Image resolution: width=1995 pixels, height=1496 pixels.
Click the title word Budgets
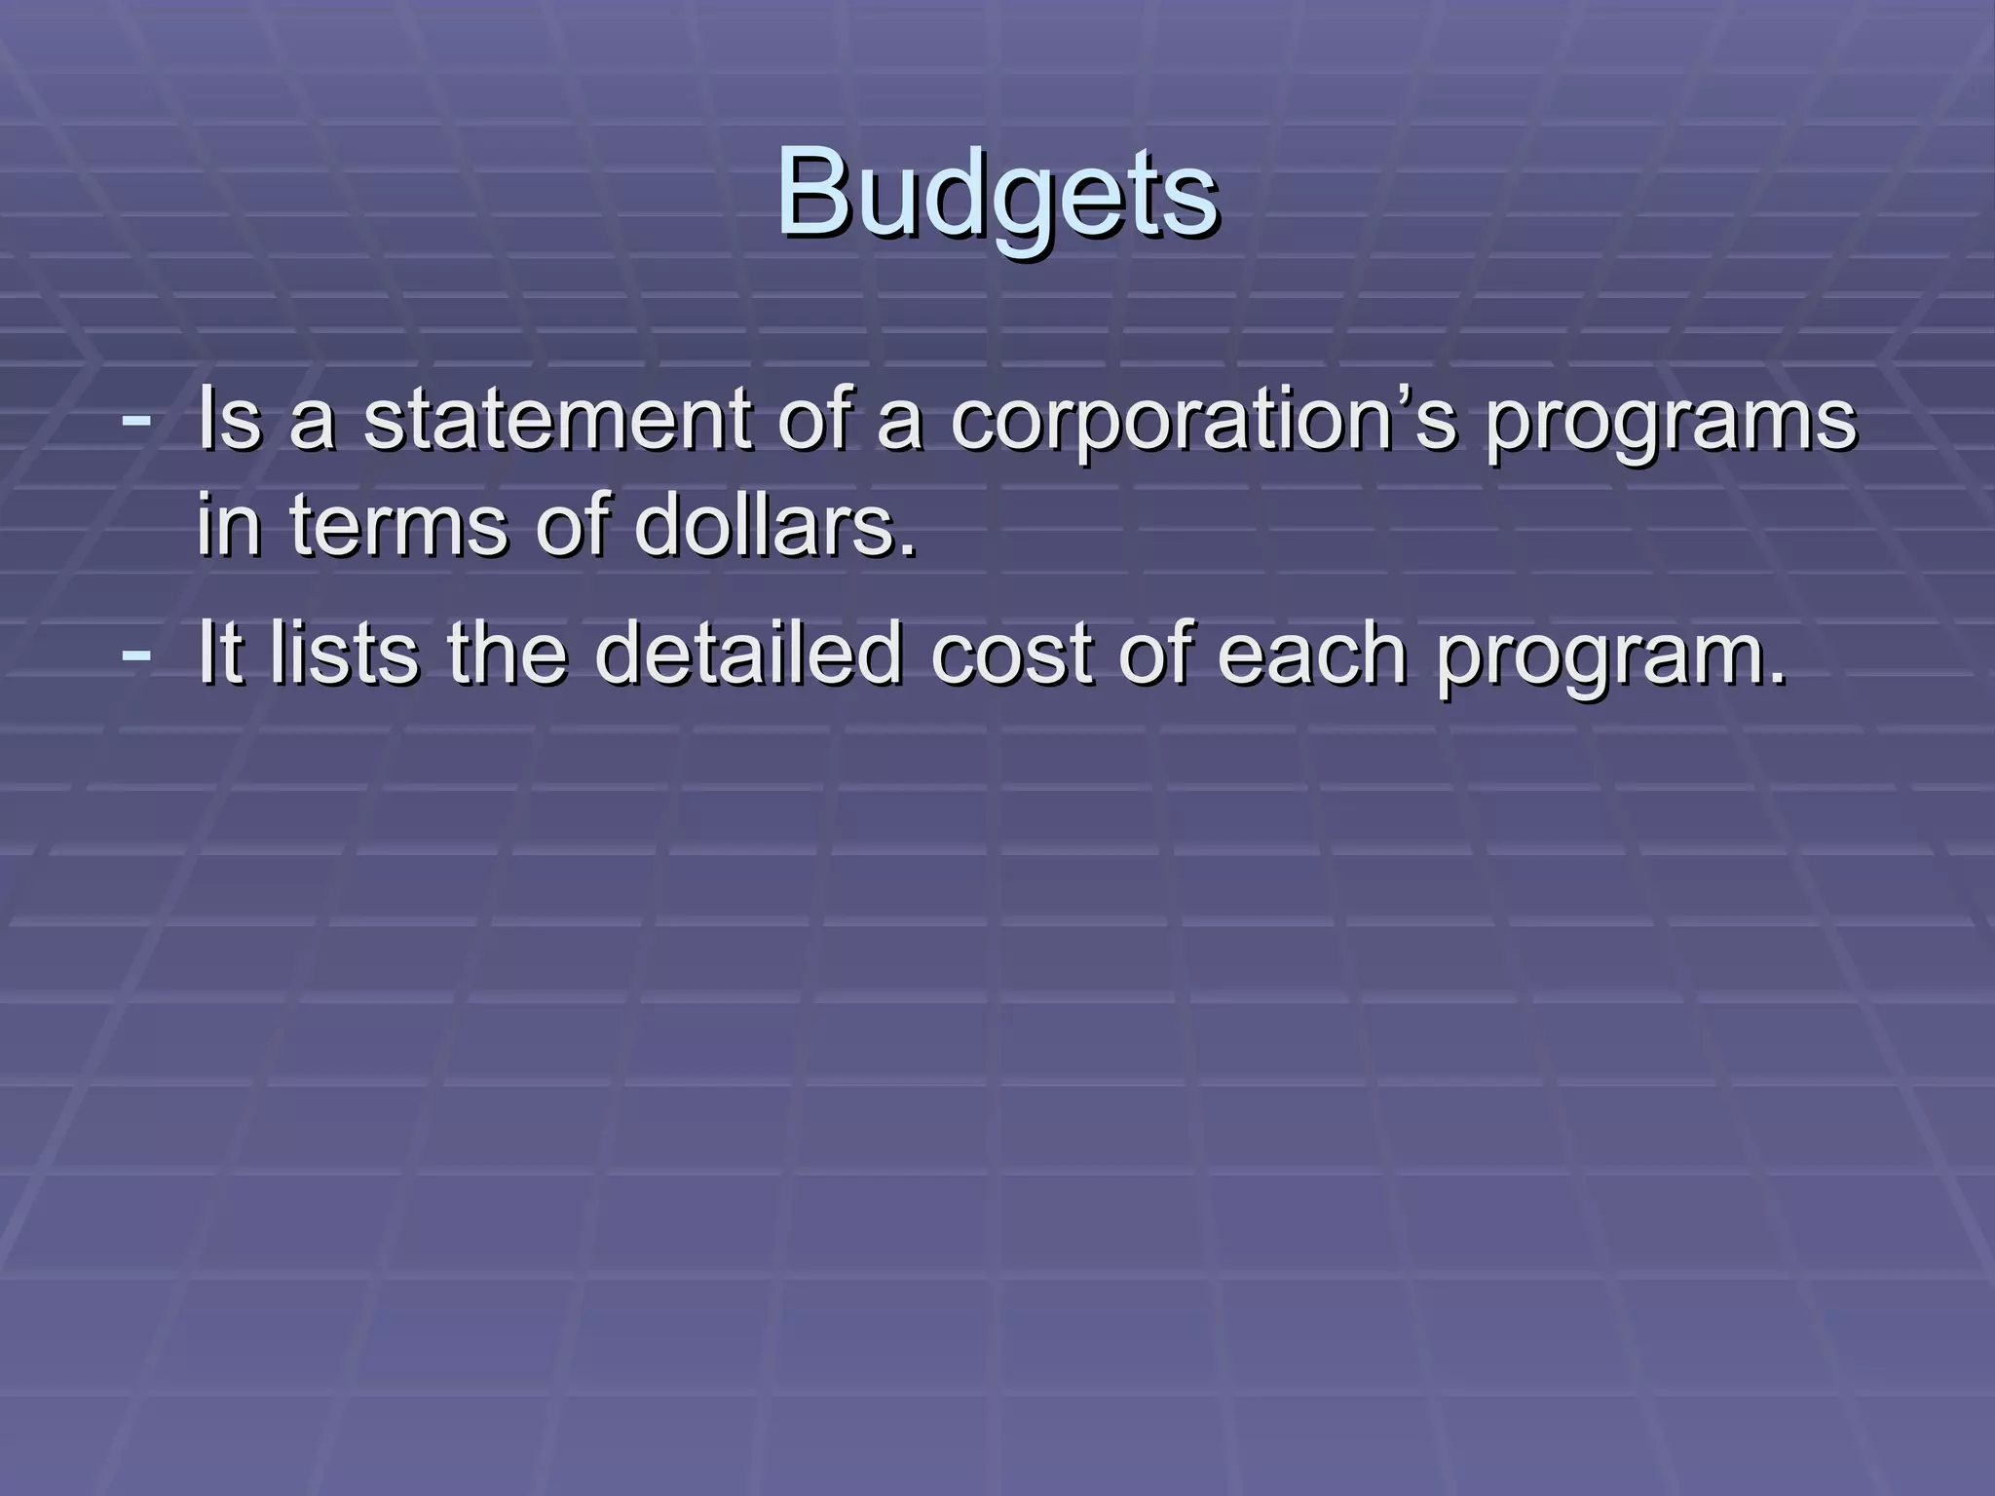pyautogui.click(x=997, y=192)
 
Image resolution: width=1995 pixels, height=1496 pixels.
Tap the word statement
pyautogui.click(x=558, y=421)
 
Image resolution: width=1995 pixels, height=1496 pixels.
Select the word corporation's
pyautogui.click(x=1204, y=421)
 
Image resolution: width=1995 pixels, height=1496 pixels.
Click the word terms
pyautogui.click(x=399, y=526)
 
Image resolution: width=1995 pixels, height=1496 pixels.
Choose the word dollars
pyautogui.click(x=775, y=526)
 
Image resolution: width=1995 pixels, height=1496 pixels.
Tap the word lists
pyautogui.click(x=345, y=654)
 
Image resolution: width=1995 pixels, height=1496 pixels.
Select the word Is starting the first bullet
pyautogui.click(x=229, y=421)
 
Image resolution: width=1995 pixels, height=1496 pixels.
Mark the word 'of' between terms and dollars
pyautogui.click(x=574, y=526)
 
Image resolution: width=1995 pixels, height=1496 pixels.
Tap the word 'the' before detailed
pyautogui.click(x=507, y=654)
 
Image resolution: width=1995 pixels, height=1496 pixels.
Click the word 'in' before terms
pyautogui.click(x=229, y=526)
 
